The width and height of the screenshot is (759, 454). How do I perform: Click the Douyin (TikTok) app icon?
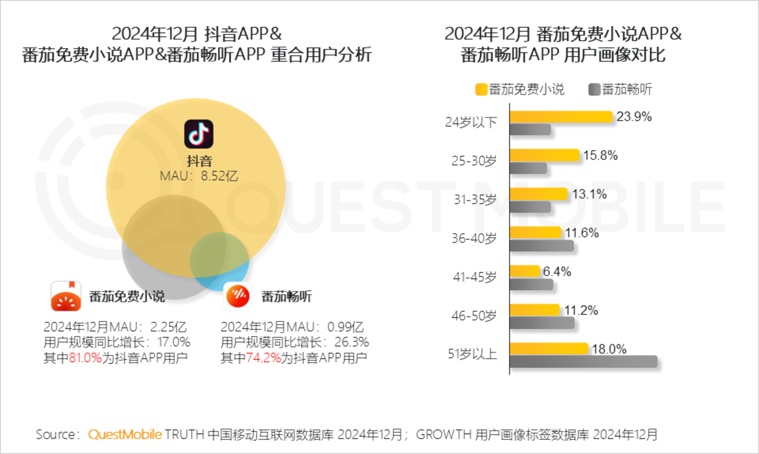click(x=199, y=134)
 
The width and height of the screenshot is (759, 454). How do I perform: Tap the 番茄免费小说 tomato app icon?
click(x=66, y=296)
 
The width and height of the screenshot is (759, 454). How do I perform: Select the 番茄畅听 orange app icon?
click(x=238, y=296)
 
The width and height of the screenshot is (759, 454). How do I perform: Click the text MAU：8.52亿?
click(x=199, y=176)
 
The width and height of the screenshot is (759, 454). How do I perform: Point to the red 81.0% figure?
click(x=85, y=358)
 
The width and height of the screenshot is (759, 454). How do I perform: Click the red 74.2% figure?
click(x=263, y=358)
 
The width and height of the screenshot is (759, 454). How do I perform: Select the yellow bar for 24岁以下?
click(x=561, y=117)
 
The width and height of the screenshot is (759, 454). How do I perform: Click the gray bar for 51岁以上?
click(x=583, y=362)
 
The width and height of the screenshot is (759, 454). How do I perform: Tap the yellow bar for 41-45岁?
click(x=524, y=272)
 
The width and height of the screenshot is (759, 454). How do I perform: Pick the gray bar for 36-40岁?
click(x=541, y=246)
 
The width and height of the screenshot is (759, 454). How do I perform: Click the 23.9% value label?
click(x=634, y=117)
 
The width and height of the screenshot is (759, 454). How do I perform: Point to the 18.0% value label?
click(x=609, y=349)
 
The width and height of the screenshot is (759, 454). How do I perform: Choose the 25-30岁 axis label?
click(x=474, y=161)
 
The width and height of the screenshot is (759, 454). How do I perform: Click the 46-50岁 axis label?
click(x=474, y=316)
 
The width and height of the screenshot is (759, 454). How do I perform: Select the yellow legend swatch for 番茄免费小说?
click(x=481, y=90)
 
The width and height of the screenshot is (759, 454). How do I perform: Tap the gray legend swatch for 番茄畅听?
click(x=594, y=90)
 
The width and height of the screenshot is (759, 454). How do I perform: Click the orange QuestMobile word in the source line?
click(x=125, y=434)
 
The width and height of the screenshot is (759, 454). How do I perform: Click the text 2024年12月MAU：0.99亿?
click(x=292, y=327)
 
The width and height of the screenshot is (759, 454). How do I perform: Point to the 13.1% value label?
click(x=589, y=194)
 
